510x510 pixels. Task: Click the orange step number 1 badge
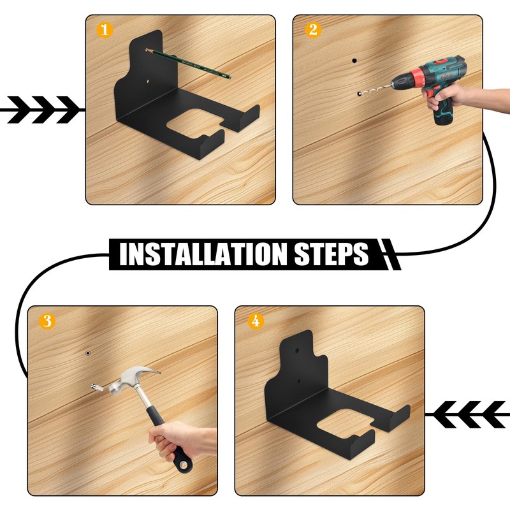click(105, 30)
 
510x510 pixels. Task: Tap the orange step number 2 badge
click(313, 30)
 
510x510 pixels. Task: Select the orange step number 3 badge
click(47, 321)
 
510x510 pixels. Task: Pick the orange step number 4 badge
click(256, 321)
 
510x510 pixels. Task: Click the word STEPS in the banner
click(331, 254)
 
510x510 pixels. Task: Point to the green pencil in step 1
click(188, 63)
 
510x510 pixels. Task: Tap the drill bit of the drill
click(375, 89)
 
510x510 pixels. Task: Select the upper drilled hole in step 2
click(354, 61)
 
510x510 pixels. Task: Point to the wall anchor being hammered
click(98, 387)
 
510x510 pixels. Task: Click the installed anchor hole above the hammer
click(88, 353)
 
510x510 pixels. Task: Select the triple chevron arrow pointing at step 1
click(42, 110)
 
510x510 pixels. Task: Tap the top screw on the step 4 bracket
click(297, 350)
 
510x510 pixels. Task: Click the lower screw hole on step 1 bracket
click(148, 81)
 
